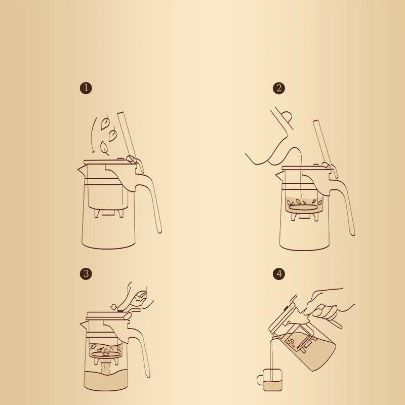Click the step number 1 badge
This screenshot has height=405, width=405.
pyautogui.click(x=86, y=88)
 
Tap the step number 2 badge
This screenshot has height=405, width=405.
pyautogui.click(x=278, y=88)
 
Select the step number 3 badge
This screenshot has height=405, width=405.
pyautogui.click(x=86, y=274)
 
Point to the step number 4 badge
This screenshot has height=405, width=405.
pyautogui.click(x=278, y=274)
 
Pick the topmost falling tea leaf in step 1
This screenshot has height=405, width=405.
pyautogui.click(x=105, y=122)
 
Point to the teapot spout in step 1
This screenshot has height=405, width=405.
pyautogui.click(x=81, y=169)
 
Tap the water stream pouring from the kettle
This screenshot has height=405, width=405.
pyautogui.click(x=302, y=177)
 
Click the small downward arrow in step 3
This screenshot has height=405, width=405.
pyautogui.click(x=113, y=306)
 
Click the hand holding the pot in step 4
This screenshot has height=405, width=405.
pyautogui.click(x=329, y=301)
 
